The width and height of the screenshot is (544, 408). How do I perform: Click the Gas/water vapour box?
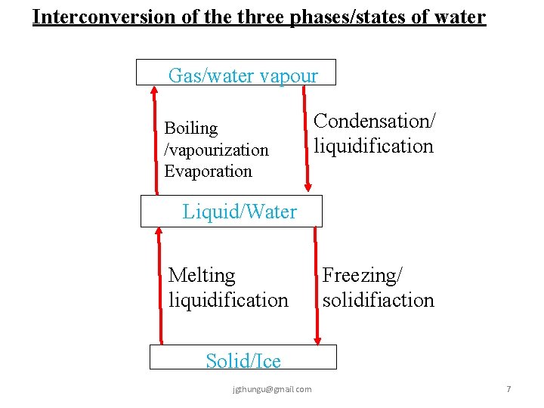[236, 73]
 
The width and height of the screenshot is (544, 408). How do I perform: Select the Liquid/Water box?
[231, 211]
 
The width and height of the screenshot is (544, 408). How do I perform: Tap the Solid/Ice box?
[243, 357]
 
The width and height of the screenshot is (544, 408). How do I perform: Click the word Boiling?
[191, 128]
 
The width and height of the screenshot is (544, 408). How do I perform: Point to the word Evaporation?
[208, 171]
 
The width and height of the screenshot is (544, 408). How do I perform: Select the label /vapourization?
[216, 150]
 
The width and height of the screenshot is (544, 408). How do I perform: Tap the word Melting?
[202, 275]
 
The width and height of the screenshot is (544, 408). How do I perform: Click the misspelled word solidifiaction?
[379, 300]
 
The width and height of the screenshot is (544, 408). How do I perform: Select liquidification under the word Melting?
[228, 300]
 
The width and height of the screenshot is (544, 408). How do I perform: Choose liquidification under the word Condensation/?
[374, 146]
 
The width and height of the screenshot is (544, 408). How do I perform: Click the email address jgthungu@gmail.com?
[273, 389]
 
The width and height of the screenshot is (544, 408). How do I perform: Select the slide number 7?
[508, 389]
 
